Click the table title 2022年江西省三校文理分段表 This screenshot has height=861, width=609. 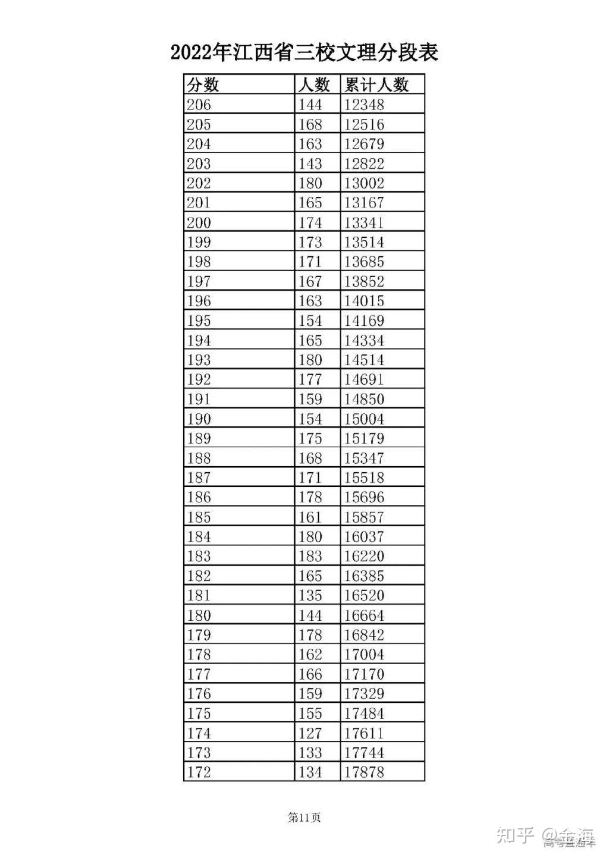pyautogui.click(x=304, y=53)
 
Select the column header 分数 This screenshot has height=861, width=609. pyautogui.click(x=203, y=84)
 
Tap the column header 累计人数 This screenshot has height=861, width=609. pyautogui.click(x=376, y=84)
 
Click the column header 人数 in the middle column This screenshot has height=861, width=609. pyautogui.click(x=313, y=84)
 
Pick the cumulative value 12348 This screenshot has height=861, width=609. pyautogui.click(x=364, y=105)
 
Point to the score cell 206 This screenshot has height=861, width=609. pyautogui.click(x=199, y=105)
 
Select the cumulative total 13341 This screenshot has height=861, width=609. pyautogui.click(x=364, y=222)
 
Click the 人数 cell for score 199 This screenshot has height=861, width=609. pyautogui.click(x=310, y=242)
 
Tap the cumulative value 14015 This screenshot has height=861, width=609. pyautogui.click(x=364, y=301)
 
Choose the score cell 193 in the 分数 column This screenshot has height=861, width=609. pyautogui.click(x=199, y=360)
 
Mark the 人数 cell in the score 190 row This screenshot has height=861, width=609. pyautogui.click(x=310, y=419)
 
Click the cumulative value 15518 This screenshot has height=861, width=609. pyautogui.click(x=364, y=477)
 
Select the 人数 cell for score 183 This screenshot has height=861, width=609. pyautogui.click(x=310, y=556)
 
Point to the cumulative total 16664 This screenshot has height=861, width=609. pyautogui.click(x=364, y=615)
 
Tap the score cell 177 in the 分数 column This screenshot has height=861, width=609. pyautogui.click(x=199, y=674)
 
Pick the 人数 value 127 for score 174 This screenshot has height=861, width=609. pyautogui.click(x=310, y=733)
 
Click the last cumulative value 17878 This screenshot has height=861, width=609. pyautogui.click(x=364, y=772)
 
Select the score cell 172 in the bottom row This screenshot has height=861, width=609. pyautogui.click(x=199, y=772)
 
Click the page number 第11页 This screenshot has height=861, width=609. pyautogui.click(x=304, y=818)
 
